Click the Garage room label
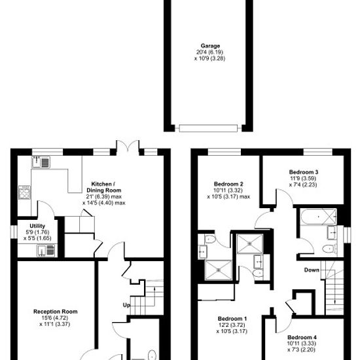pyautogui.click(x=210, y=46)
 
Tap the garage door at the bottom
pyautogui.click(x=208, y=128)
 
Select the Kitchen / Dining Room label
pyautogui.click(x=103, y=187)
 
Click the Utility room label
pyautogui.click(x=37, y=226)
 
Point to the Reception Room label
pyautogui.click(x=56, y=312)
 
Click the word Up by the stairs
pyautogui.click(x=126, y=306)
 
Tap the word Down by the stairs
pyautogui.click(x=312, y=270)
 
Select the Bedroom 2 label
pyautogui.click(x=228, y=184)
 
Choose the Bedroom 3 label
pyautogui.click(x=304, y=172)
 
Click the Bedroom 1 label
pyautogui.click(x=232, y=319)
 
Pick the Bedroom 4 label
pyautogui.click(x=302, y=337)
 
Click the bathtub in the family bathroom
pyautogui.click(x=319, y=217)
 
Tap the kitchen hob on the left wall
pyautogui.click(x=24, y=192)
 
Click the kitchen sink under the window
pyautogui.click(x=41, y=162)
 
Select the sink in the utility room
pyautogui.click(x=46, y=251)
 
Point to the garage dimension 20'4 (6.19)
pyautogui.click(x=210, y=52)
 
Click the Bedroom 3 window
pyautogui.click(x=317, y=152)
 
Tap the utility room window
pyautogui.click(x=14, y=232)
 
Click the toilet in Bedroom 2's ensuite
pyautogui.click(x=209, y=240)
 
